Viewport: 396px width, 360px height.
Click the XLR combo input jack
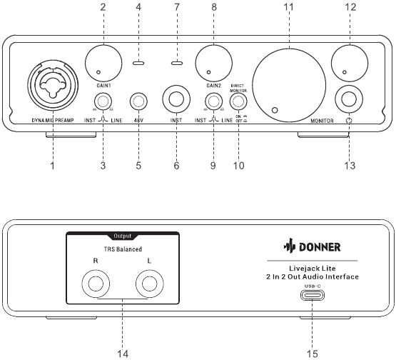(x=54, y=86)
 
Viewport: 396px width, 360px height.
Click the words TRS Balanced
(x=120, y=249)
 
